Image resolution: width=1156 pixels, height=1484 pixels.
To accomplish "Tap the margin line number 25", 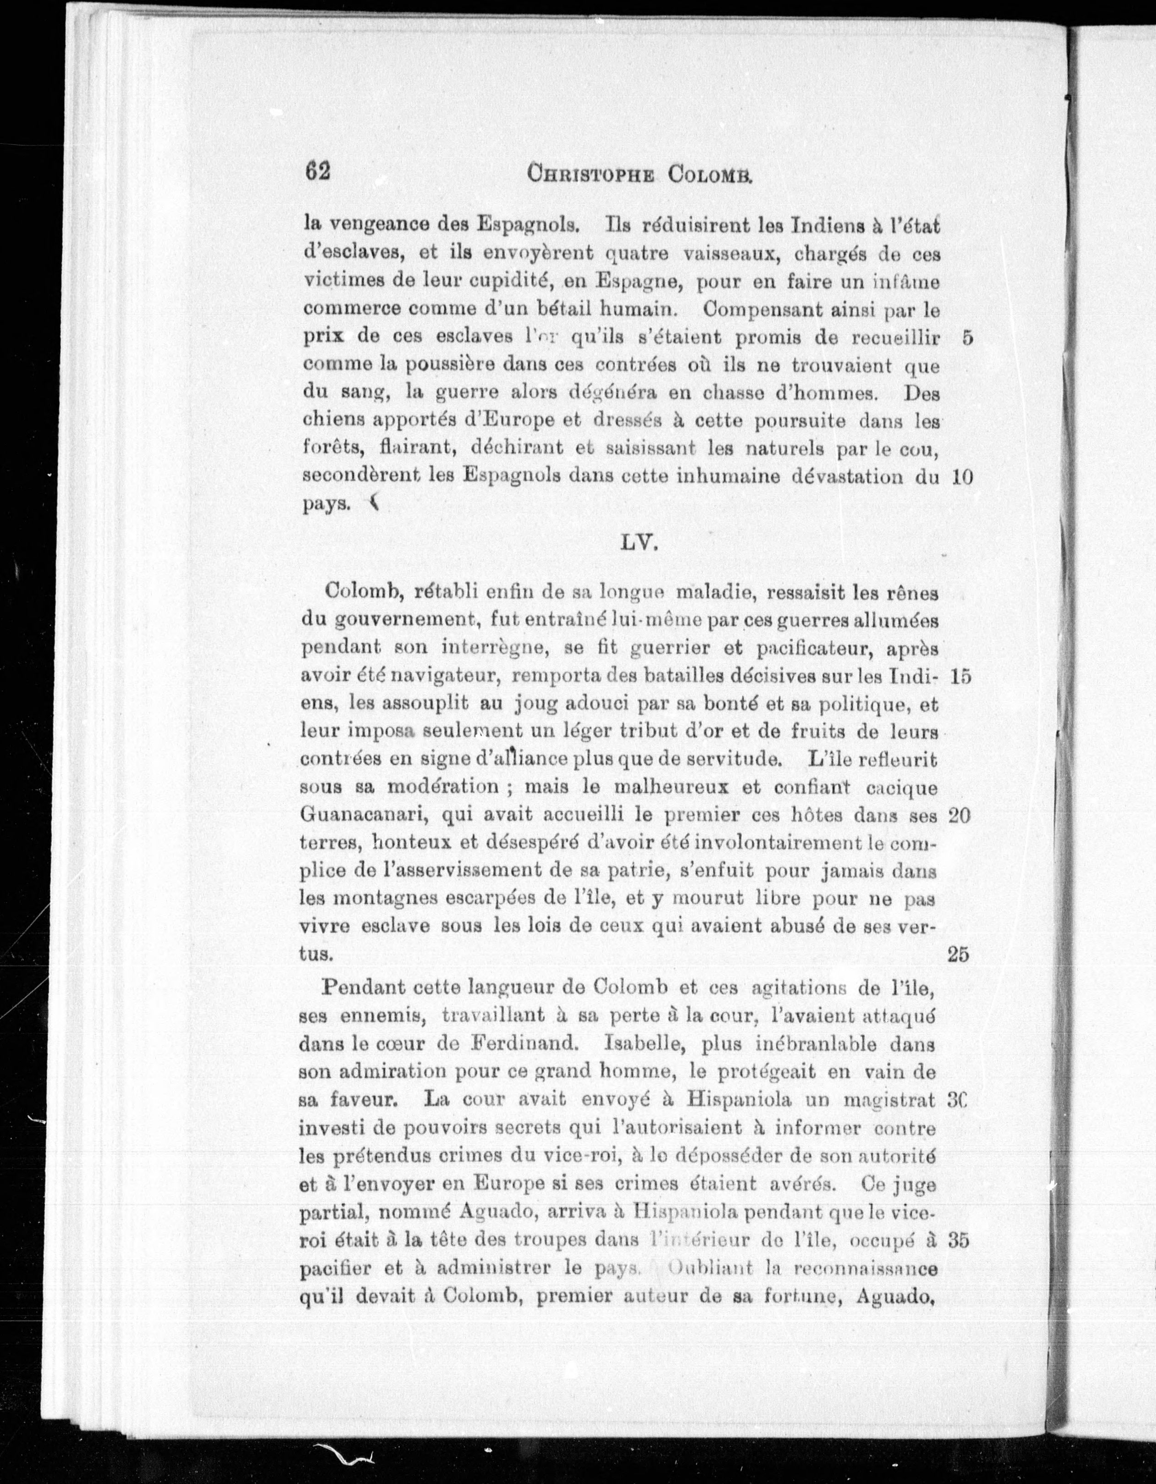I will (958, 955).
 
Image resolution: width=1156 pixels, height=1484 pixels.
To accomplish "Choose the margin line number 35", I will (958, 1240).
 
